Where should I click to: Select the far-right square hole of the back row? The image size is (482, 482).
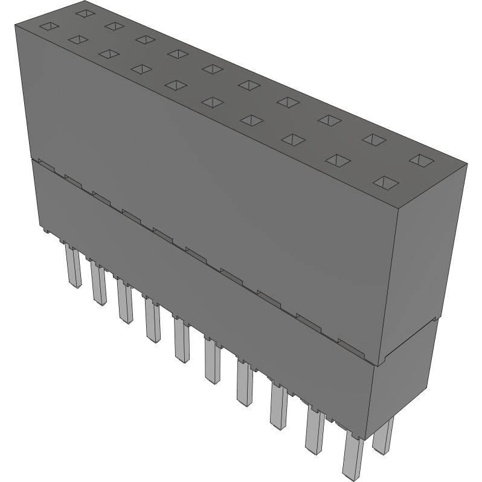pos(421,161)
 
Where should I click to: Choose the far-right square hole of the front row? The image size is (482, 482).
pos(385,182)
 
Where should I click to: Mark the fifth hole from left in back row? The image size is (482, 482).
pos(211,68)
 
